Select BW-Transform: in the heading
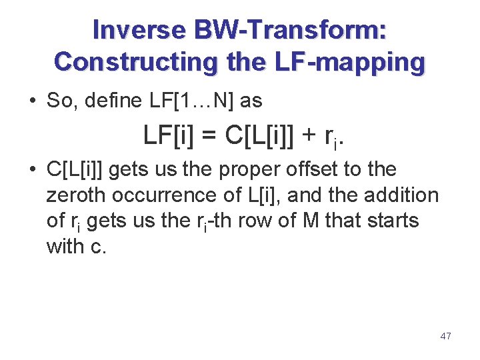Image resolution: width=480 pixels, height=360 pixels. [x=291, y=30]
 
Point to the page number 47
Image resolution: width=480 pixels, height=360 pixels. [x=445, y=336]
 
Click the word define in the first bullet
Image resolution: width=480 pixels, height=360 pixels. [x=100, y=101]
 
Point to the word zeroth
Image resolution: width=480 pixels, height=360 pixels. [x=76, y=195]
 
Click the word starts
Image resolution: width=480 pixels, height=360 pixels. [x=388, y=221]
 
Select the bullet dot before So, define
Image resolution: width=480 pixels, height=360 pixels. [x=33, y=101]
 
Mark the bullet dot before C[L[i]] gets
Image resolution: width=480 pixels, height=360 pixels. [x=33, y=170]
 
